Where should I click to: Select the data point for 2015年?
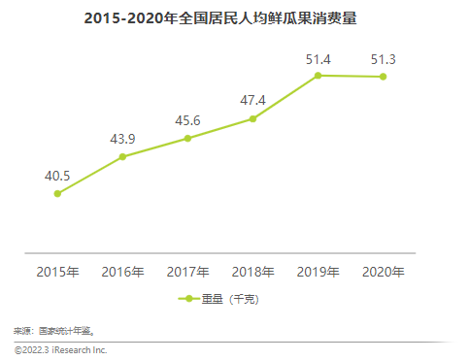[57, 193]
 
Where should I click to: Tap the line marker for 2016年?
[122, 156]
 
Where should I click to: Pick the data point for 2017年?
[187, 139]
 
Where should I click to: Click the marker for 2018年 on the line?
[252, 118]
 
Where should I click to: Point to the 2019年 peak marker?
[318, 76]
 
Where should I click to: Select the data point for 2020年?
[383, 77]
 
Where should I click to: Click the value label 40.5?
[57, 175]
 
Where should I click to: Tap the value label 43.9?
[122, 138]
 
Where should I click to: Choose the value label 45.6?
[187, 119]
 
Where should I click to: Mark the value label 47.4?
[252, 100]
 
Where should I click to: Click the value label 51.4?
[318, 59]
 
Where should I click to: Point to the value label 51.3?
[383, 59]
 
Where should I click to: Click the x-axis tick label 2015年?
[57, 272]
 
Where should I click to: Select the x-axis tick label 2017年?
[187, 272]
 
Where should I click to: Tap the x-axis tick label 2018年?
[252, 272]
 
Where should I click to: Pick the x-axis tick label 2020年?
[383, 272]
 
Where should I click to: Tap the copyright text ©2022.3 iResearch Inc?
[60, 349]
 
